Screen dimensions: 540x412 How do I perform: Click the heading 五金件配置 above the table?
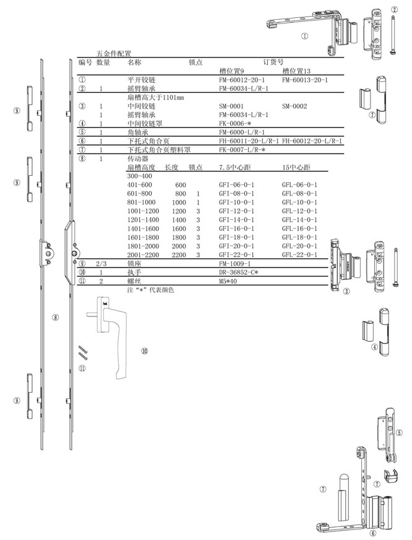[114, 54]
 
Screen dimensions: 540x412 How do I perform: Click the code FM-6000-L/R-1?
[242, 132]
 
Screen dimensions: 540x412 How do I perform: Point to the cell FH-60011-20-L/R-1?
[249, 141]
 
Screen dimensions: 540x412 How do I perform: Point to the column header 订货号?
[273, 62]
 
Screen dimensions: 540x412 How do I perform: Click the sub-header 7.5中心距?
[236, 168]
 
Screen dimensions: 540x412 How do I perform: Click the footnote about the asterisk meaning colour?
[150, 289]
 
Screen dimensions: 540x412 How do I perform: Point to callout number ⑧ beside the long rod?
[55, 318]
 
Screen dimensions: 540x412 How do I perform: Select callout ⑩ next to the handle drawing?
[144, 351]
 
